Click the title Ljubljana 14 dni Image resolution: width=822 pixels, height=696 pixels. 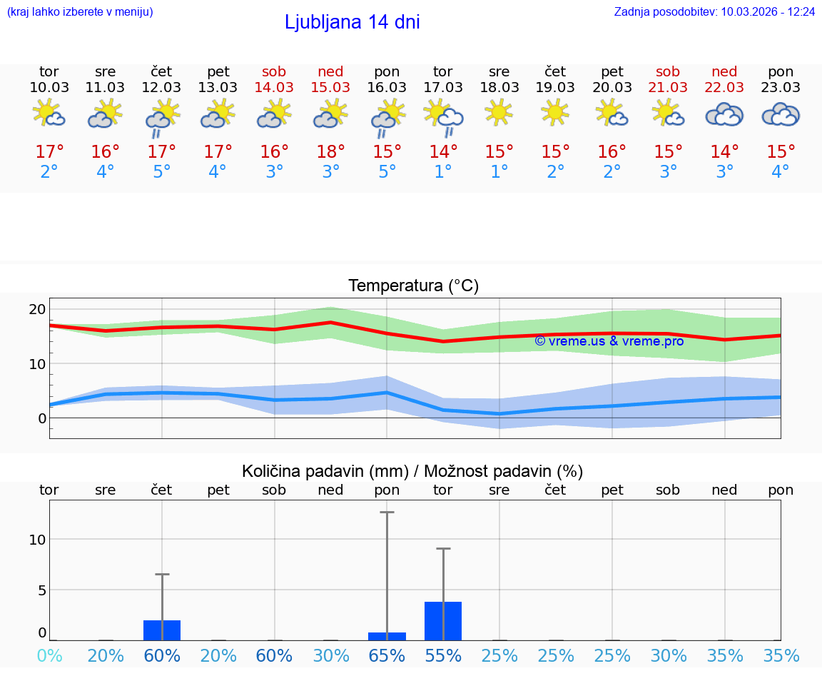352,22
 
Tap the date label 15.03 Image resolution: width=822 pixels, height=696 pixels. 330,87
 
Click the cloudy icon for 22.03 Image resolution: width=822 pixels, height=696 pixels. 724,114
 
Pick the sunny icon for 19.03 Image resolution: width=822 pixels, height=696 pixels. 555,111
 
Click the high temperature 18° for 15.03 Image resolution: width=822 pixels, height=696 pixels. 330,152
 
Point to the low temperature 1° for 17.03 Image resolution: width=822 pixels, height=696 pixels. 443,172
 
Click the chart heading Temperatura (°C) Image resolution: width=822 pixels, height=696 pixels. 413,286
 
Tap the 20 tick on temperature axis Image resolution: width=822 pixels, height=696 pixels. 37,309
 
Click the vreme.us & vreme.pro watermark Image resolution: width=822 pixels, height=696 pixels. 609,341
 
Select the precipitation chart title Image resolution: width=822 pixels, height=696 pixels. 412,471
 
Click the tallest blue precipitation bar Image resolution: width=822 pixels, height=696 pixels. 443,621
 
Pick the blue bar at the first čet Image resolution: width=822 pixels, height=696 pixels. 162,630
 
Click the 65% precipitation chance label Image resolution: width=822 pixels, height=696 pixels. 387,656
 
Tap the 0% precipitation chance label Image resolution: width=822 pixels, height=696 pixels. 49,656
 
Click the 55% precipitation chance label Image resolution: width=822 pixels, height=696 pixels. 443,656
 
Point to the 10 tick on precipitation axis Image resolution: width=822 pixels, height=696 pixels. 37,540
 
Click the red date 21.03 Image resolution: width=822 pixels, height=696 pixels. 668,87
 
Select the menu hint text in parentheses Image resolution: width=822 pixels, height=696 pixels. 79,12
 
